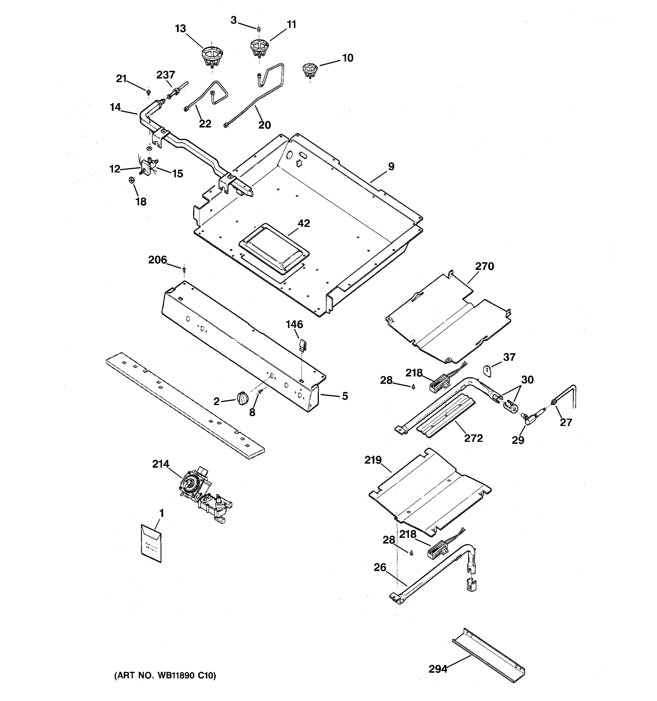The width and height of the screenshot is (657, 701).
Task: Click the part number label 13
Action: (x=180, y=29)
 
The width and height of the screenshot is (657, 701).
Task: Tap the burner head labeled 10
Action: (x=310, y=70)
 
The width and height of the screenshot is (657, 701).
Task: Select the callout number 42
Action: (x=304, y=223)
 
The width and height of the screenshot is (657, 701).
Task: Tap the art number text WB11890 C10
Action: (x=165, y=675)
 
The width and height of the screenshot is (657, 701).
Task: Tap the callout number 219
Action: (x=373, y=460)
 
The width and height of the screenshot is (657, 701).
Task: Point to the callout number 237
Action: (x=166, y=75)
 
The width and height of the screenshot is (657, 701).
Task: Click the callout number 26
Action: (x=380, y=567)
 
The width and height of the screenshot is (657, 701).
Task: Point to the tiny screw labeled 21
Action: (x=148, y=92)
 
